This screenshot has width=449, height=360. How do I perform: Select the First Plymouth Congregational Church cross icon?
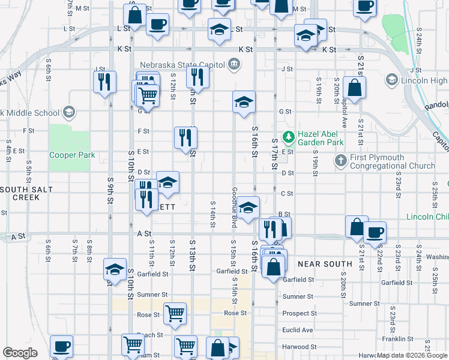341,160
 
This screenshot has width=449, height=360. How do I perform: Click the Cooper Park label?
72,155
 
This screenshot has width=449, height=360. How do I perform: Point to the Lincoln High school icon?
392,80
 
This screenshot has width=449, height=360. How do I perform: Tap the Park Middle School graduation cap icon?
69,112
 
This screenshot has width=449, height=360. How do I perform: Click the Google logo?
20,353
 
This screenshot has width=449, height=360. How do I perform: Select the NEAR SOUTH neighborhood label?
325,264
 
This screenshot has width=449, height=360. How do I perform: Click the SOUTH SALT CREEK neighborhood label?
27,193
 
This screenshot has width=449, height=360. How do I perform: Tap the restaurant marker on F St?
185,137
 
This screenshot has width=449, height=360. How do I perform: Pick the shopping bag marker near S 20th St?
355,88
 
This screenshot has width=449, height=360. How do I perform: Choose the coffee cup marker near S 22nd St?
375,232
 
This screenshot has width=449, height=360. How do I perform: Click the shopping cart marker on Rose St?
175,313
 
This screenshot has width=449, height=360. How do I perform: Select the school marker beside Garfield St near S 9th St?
115,269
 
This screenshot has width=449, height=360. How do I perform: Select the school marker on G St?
244,102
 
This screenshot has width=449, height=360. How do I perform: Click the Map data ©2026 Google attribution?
412,355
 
